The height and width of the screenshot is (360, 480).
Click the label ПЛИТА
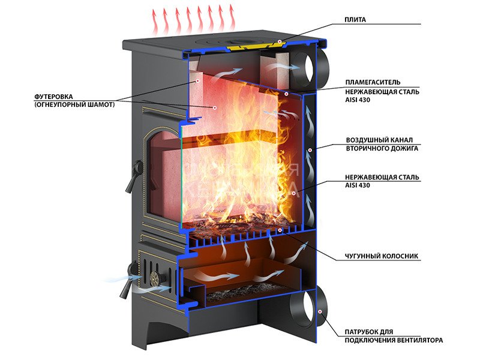tap(355, 20)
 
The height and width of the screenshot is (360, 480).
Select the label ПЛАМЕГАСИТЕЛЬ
tap(368, 82)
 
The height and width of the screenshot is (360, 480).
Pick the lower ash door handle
tap(125, 286)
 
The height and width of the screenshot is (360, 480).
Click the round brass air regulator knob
tap(156, 278)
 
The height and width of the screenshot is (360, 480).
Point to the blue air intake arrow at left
tap(122, 278)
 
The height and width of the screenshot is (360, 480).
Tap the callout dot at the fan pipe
tap(320, 312)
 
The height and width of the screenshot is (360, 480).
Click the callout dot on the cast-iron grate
tap(280, 230)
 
